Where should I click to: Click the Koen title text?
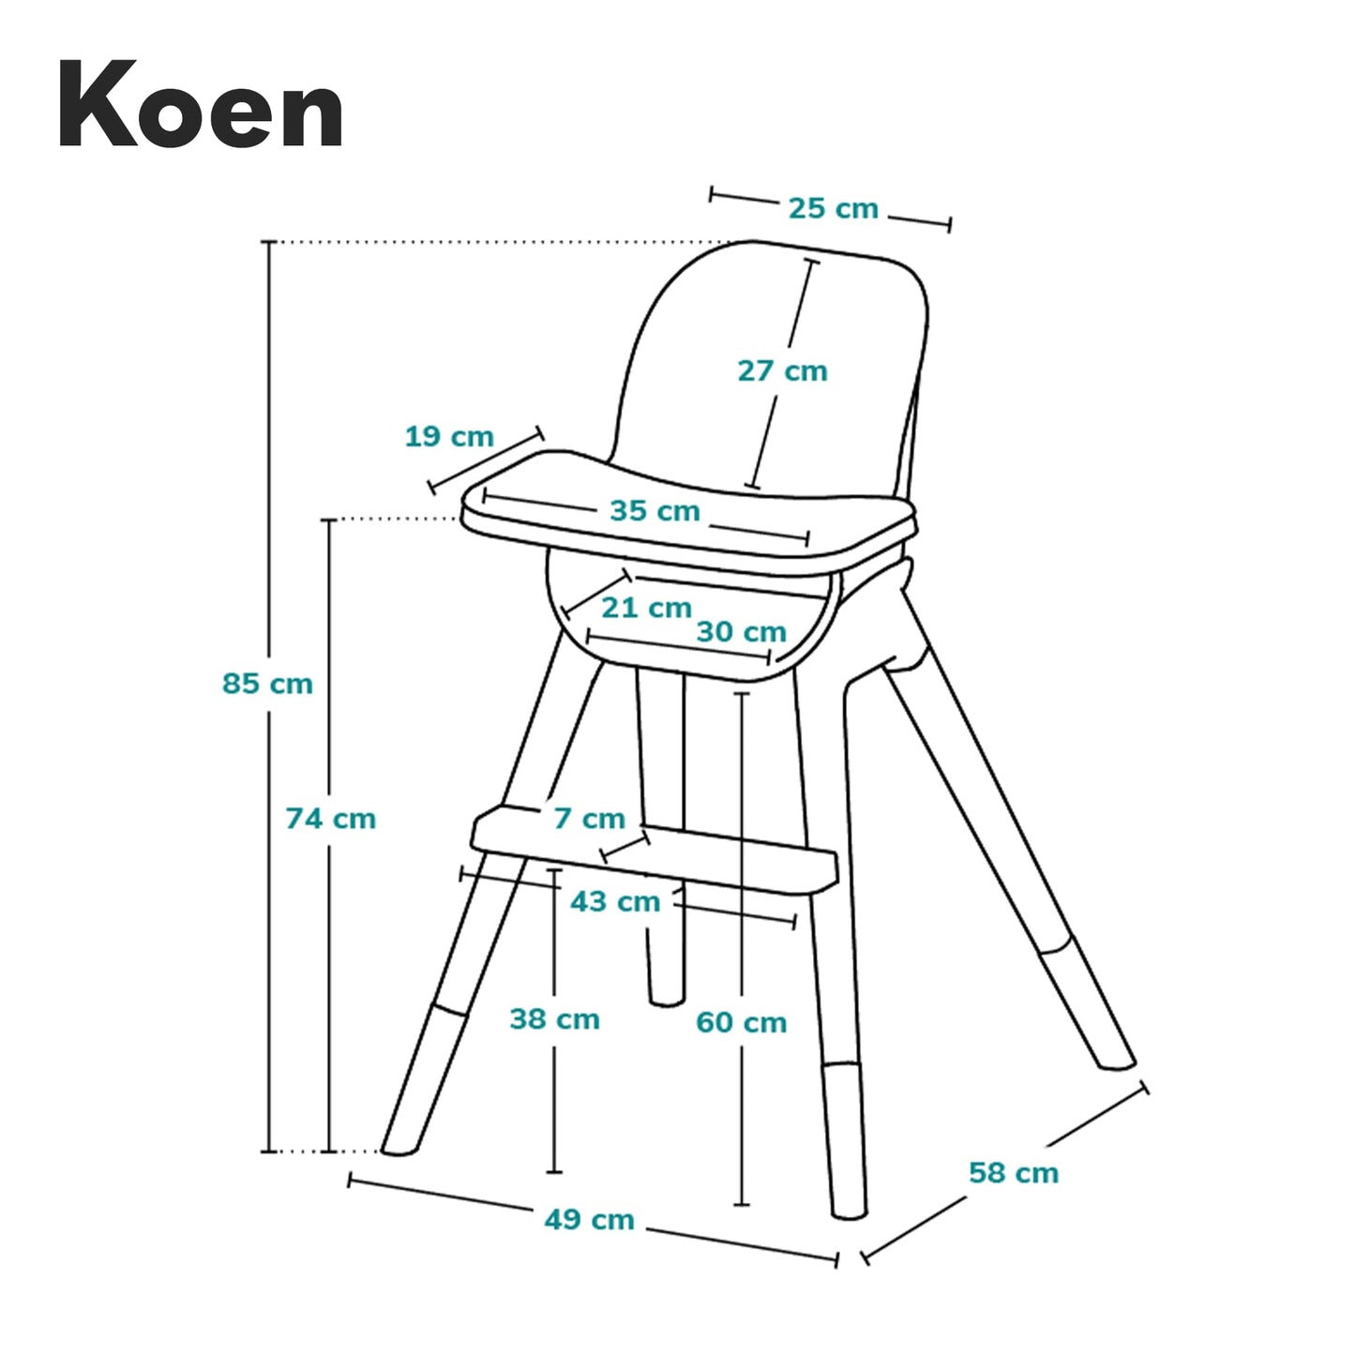(201, 105)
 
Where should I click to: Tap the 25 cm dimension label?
(833, 208)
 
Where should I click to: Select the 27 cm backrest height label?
(782, 371)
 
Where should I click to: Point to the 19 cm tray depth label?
(449, 437)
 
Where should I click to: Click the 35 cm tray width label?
(655, 511)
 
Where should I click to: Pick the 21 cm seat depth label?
(646, 608)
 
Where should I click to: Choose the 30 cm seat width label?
(741, 632)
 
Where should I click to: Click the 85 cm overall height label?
(267, 684)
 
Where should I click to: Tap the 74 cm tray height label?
(330, 819)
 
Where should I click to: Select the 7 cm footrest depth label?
(589, 819)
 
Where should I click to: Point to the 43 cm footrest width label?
(615, 902)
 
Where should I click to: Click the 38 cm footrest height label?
(554, 1019)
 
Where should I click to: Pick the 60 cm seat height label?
(741, 1022)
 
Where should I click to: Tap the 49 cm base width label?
(589, 1220)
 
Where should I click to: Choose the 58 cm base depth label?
(1013, 1173)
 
